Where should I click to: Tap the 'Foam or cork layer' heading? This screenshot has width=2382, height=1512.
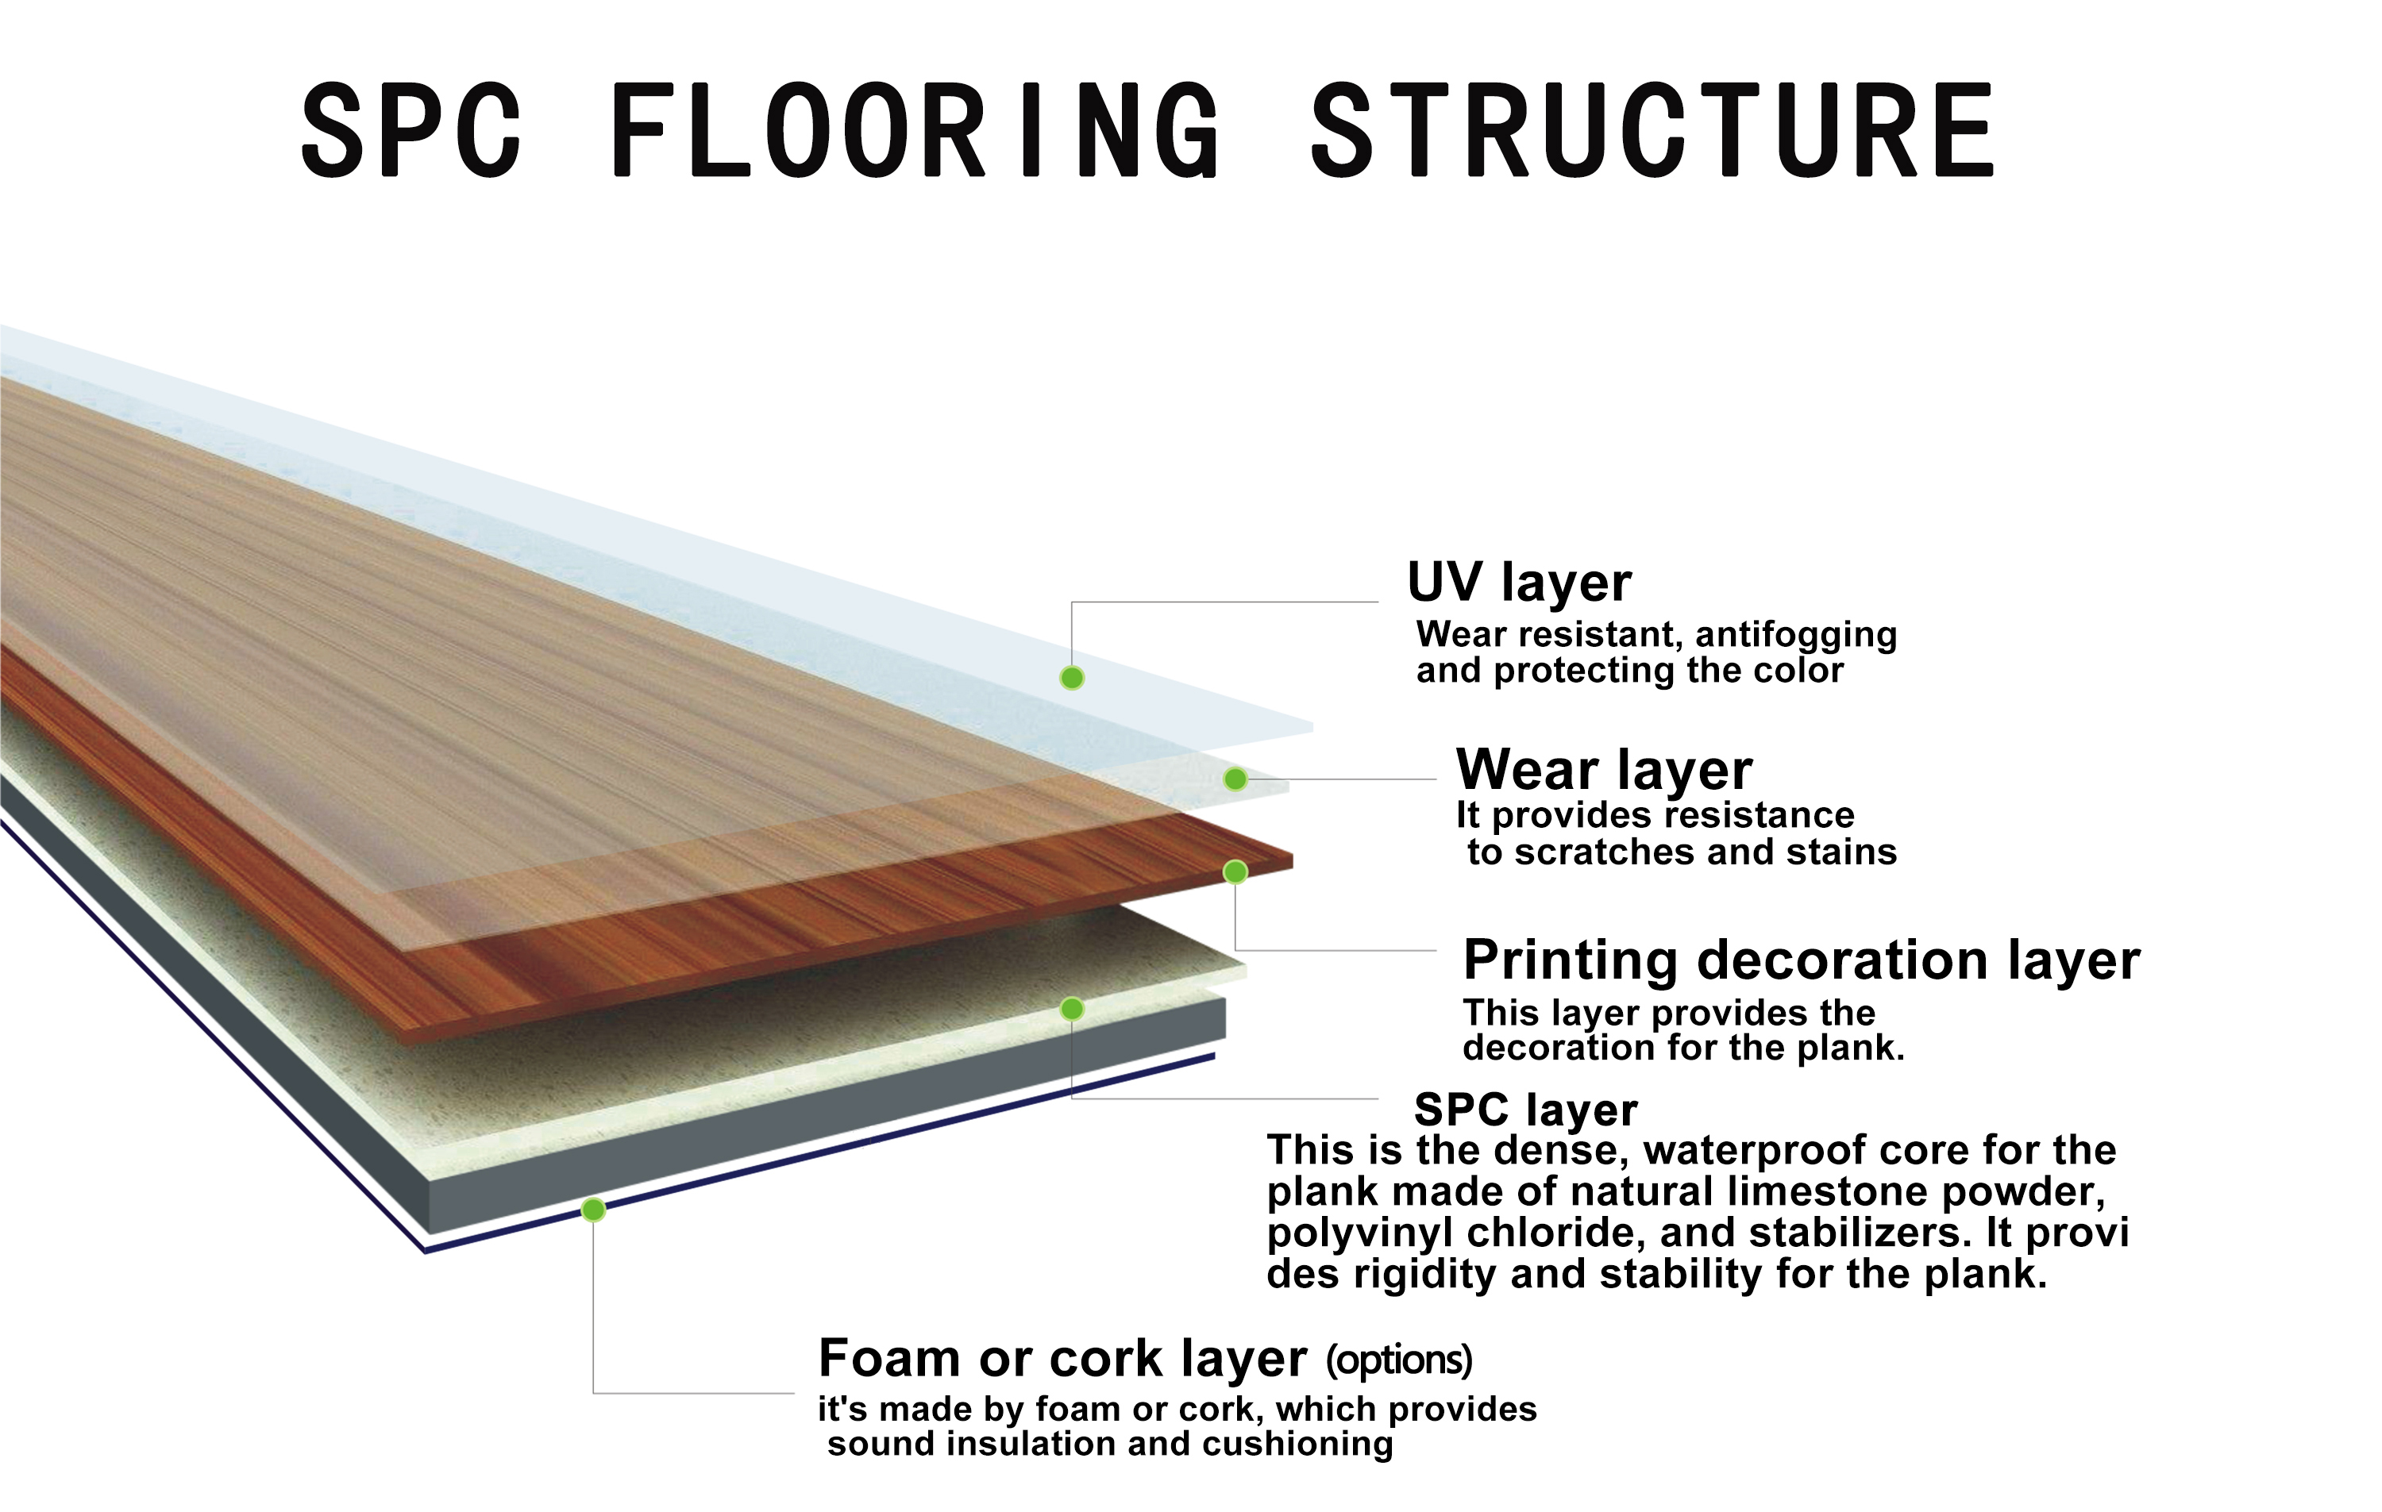[1062, 1359]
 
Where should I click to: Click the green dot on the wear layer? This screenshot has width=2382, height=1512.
[1235, 779]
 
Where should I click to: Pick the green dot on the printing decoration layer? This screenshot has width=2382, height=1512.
[1235, 871]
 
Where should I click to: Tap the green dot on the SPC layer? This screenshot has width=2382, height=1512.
[1071, 1009]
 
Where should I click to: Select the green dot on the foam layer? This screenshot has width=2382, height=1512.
[592, 1210]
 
